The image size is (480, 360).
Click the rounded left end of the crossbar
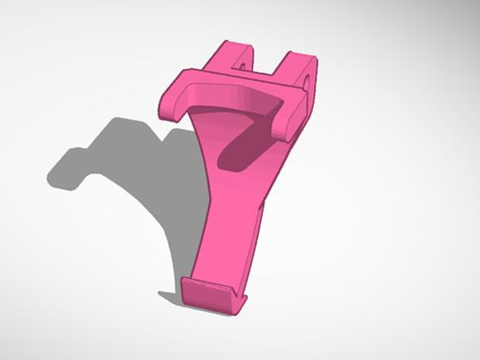click(x=169, y=106)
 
